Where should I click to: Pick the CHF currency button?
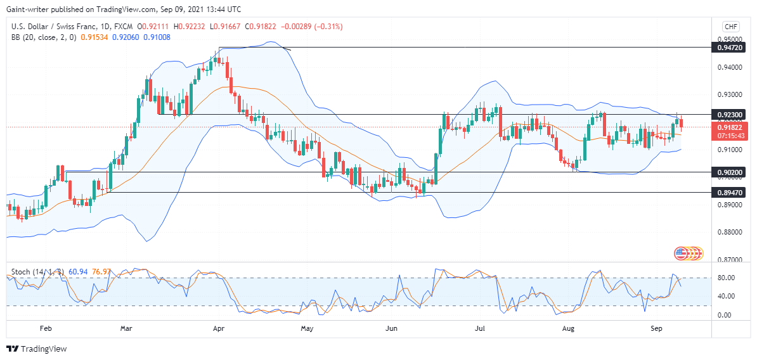click(729, 27)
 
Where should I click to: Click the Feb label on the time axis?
click(46, 329)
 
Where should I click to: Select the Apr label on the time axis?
click(219, 329)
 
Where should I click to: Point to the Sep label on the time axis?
click(656, 329)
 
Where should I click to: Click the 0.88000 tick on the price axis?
click(730, 232)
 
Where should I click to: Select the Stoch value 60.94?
click(77, 272)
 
